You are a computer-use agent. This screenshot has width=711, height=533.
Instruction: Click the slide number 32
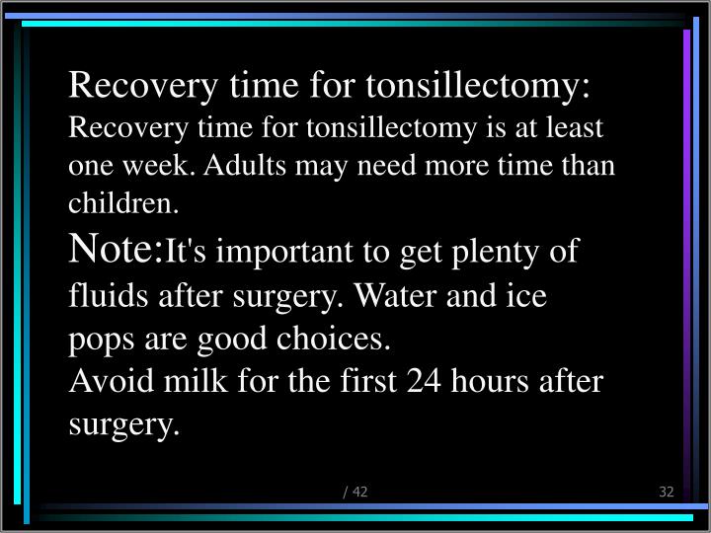click(666, 492)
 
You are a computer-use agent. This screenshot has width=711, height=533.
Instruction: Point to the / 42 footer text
click(355, 492)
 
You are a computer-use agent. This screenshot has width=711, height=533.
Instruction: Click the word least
click(577, 128)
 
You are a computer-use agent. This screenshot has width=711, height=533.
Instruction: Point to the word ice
click(526, 295)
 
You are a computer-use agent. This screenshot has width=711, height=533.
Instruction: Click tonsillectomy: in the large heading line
click(478, 87)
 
